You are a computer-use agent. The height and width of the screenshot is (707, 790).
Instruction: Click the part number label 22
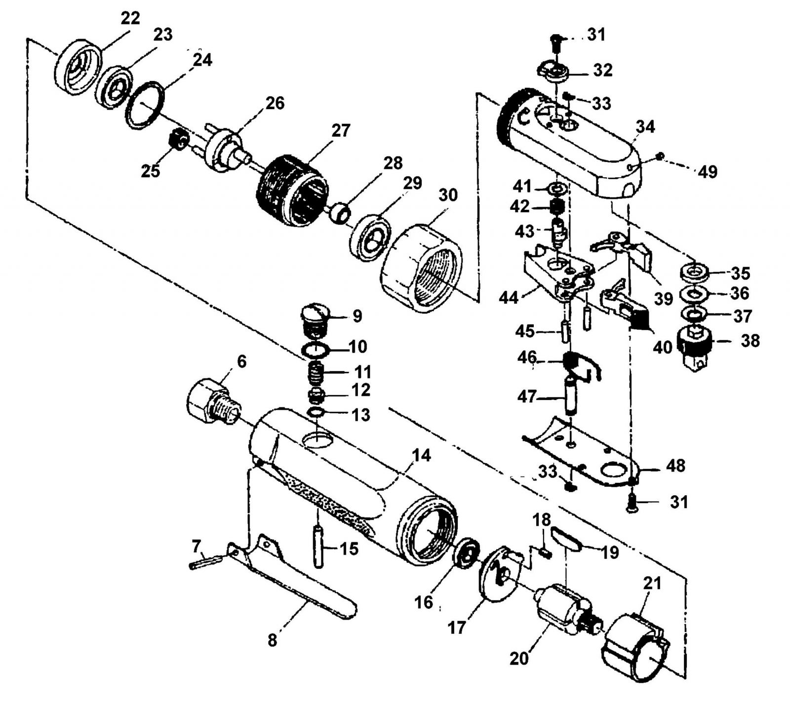(x=130, y=18)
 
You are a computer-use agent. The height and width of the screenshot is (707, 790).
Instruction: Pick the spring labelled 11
(x=316, y=373)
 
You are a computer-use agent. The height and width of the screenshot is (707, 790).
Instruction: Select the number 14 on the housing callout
(x=421, y=455)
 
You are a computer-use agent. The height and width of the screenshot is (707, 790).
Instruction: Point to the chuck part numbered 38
(x=695, y=348)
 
